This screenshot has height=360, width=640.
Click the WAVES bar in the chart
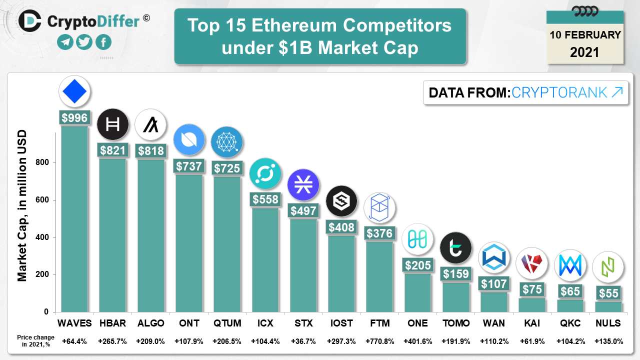(x=74, y=220)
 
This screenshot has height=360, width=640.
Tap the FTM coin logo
(x=379, y=208)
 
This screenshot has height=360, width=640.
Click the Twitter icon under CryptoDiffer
(x=84, y=42)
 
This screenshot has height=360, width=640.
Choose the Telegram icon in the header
(x=65, y=42)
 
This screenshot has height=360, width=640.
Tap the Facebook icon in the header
(x=103, y=42)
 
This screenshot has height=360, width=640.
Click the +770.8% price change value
(x=379, y=341)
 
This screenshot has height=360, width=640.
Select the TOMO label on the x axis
(x=456, y=323)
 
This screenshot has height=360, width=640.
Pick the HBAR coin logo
(x=112, y=124)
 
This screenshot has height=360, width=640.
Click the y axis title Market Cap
(x=22, y=205)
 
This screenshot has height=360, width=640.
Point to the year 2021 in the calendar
(x=584, y=52)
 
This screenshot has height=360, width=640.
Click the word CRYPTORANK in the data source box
(x=559, y=92)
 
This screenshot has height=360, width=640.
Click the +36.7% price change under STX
(x=303, y=341)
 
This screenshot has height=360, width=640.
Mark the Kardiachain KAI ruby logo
(x=531, y=263)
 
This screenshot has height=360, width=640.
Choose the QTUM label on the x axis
(x=227, y=323)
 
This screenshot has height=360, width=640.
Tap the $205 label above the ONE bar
(x=417, y=265)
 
